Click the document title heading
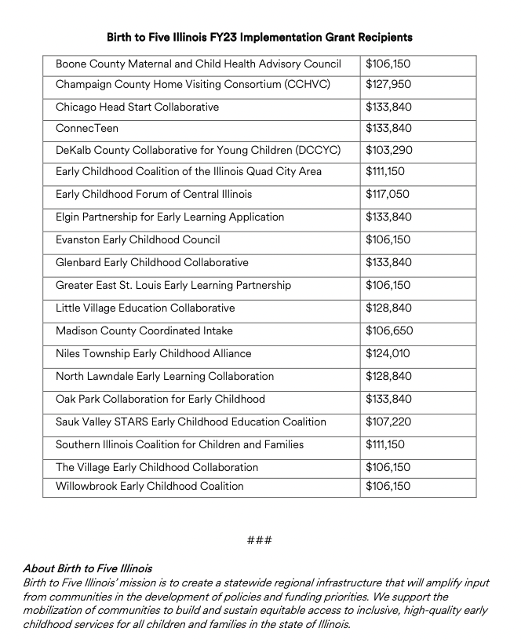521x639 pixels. [x=260, y=37]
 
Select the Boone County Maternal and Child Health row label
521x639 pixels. [x=198, y=64]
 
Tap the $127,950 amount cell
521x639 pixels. [x=388, y=84]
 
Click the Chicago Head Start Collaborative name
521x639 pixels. [x=137, y=107]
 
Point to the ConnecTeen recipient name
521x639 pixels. [x=87, y=128]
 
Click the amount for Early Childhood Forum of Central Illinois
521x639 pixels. [x=388, y=194]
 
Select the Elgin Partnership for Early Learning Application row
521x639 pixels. [x=169, y=217]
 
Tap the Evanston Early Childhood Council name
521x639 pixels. [x=137, y=239]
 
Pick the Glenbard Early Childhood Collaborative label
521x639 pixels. [x=151, y=262]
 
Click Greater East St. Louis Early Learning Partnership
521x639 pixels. [x=173, y=285]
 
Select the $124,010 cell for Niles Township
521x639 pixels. [x=388, y=353]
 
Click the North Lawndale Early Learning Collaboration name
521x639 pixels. [x=165, y=376]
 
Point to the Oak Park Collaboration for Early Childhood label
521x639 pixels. [x=160, y=399]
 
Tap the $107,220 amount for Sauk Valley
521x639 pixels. [x=388, y=422]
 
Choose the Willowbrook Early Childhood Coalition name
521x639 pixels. [x=149, y=486]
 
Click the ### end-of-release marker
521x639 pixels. [x=259, y=540]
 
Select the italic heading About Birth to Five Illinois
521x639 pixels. [x=87, y=568]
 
